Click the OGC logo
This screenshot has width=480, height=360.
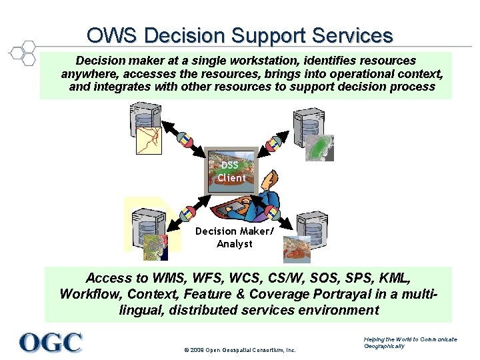(x=51, y=342)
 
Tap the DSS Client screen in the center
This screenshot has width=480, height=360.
(x=231, y=171)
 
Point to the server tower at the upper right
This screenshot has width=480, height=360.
(x=306, y=123)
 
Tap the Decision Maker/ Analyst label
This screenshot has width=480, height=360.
(x=234, y=237)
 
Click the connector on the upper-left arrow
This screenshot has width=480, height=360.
(x=183, y=139)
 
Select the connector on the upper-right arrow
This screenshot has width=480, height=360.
(x=273, y=143)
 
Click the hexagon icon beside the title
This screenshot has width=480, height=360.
(x=23, y=53)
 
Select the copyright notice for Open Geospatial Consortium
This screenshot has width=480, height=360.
(x=239, y=350)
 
